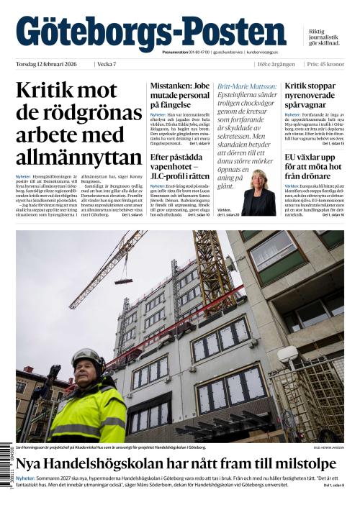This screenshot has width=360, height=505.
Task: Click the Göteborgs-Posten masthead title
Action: (x=150, y=32)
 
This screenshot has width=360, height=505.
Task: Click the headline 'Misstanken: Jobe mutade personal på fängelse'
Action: (x=180, y=96)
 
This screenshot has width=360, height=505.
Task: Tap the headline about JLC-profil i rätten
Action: (x=180, y=167)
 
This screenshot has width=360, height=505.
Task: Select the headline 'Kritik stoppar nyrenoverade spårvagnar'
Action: (x=314, y=96)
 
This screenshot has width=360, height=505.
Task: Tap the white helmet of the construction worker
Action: (x=87, y=358)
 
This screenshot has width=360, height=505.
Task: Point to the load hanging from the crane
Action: (x=123, y=278)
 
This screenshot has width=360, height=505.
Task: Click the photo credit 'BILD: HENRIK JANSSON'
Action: (x=328, y=447)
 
